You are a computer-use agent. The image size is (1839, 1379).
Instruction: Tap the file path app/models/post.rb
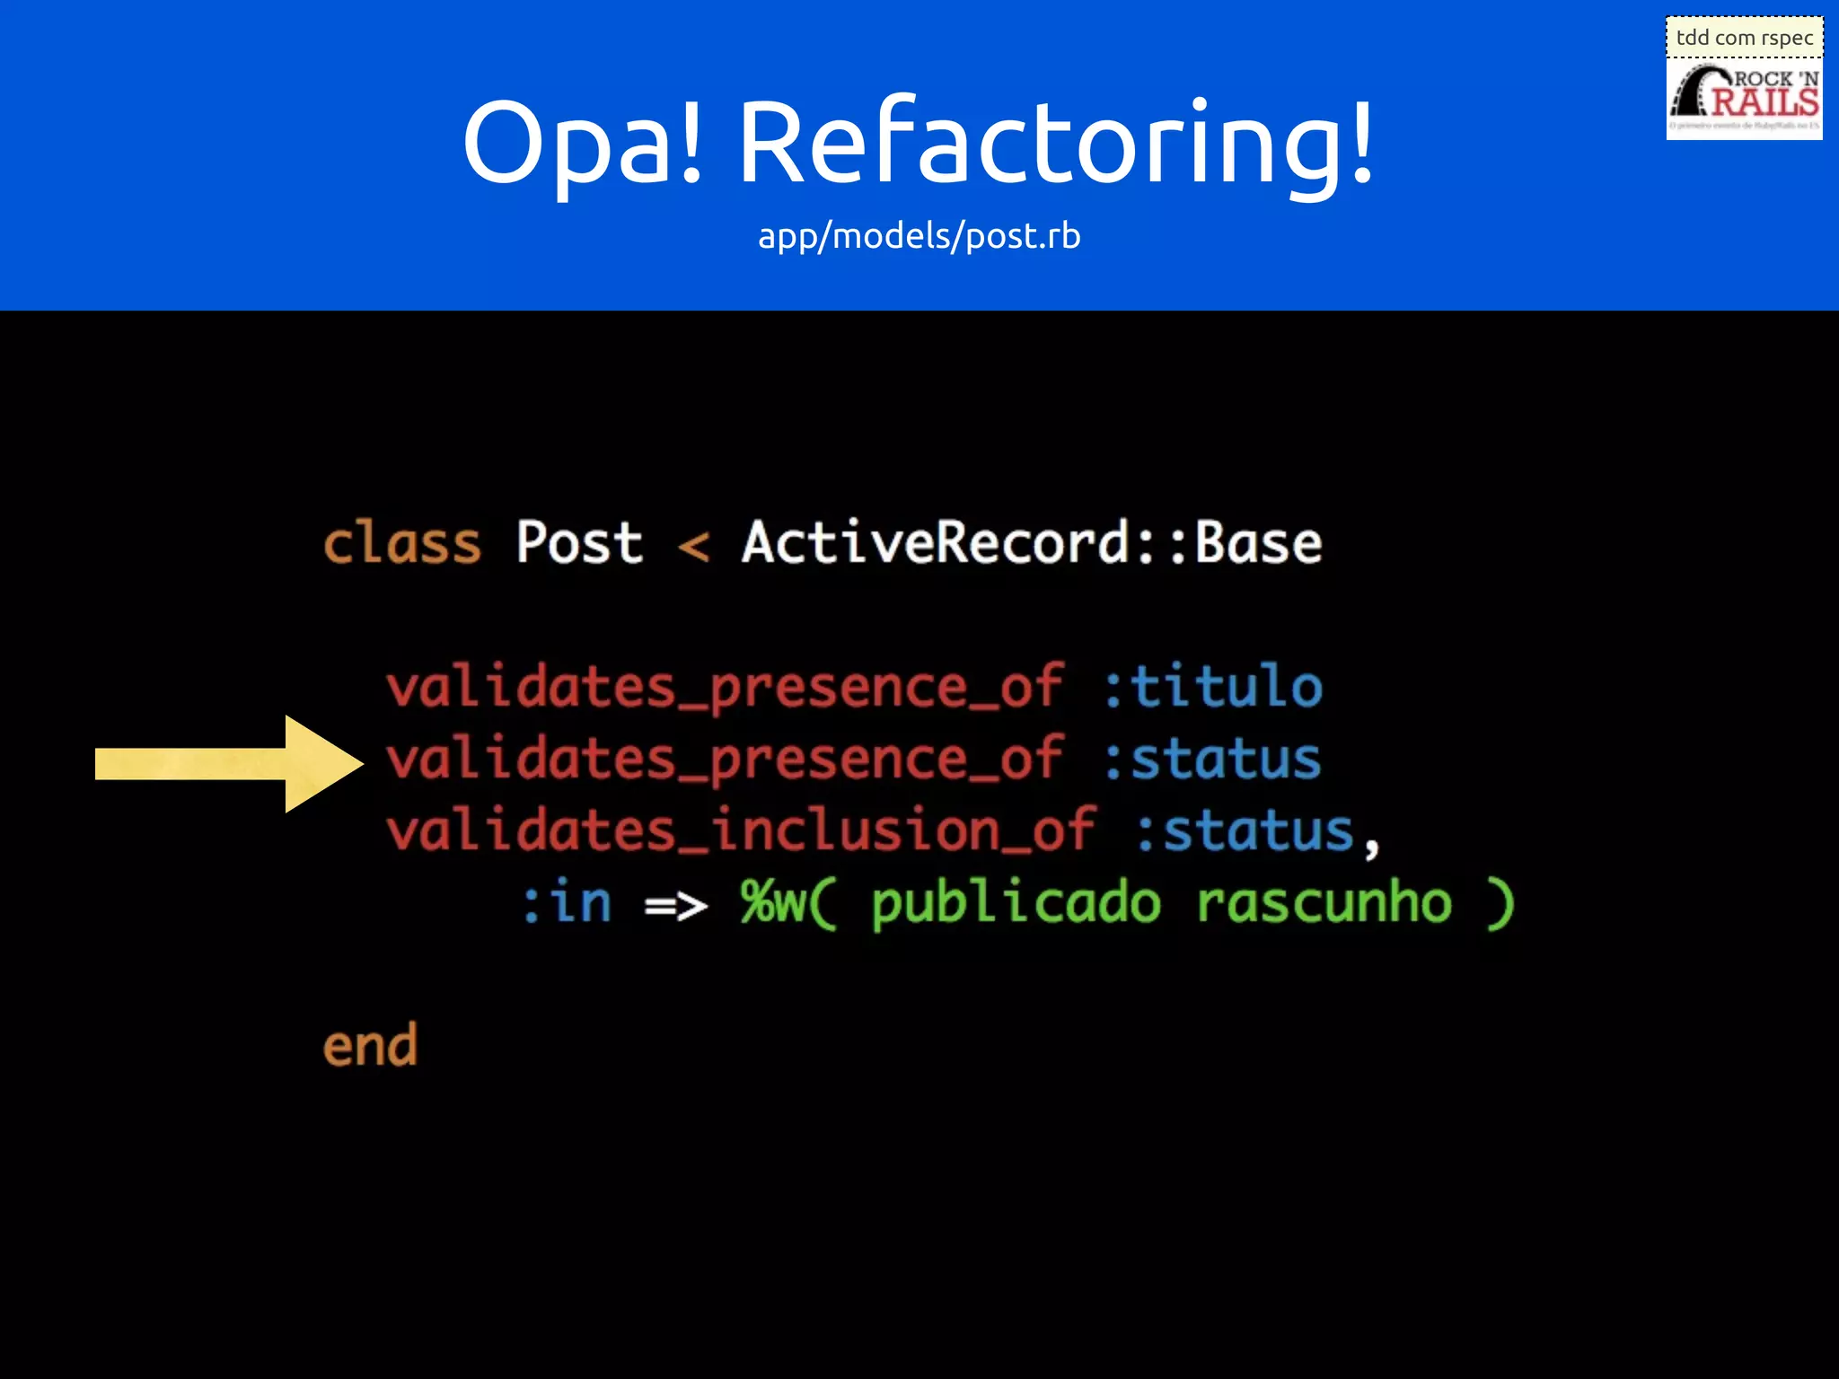point(919,236)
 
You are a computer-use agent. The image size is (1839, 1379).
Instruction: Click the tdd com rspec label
point(1744,38)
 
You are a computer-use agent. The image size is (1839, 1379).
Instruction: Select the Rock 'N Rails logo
point(1744,99)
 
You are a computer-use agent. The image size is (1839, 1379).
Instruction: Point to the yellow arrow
point(229,764)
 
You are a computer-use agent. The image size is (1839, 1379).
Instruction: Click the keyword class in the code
point(401,544)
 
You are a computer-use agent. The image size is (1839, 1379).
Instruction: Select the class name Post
point(579,544)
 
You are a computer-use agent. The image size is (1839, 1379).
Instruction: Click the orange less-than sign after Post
point(693,546)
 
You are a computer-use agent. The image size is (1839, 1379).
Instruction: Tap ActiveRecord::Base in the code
point(1031,544)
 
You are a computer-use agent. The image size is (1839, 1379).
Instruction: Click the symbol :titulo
point(1212,688)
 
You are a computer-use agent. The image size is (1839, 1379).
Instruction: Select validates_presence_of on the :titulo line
point(726,688)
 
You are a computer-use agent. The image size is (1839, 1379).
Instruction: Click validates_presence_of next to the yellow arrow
point(726,760)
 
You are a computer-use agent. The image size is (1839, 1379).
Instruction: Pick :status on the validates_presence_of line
point(1212,760)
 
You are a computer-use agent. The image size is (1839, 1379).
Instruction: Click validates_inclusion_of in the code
point(741,830)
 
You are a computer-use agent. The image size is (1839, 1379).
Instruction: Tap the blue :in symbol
point(568,902)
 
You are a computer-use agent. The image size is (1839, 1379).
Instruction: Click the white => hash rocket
point(676,905)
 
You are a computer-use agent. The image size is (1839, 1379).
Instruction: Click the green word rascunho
point(1324,902)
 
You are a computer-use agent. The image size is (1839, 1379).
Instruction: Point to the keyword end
point(370,1047)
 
